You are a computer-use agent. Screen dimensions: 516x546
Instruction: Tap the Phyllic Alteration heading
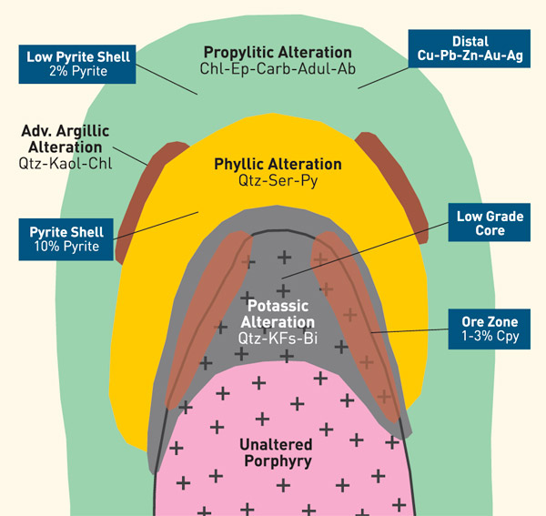tap(278, 165)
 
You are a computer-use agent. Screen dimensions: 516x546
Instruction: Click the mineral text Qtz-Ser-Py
tap(278, 181)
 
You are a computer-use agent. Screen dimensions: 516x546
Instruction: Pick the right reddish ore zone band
tap(359, 319)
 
